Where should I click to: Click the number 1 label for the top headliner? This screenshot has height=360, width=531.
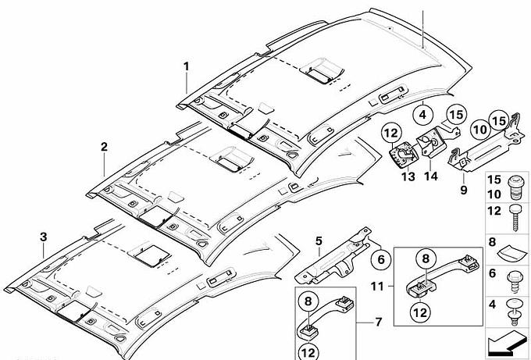pos(187,66)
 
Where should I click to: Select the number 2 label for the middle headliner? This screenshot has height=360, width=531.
pos(103,146)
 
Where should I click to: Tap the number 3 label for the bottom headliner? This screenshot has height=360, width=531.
pos(43,237)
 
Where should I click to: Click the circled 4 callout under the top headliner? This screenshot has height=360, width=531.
pos(422,115)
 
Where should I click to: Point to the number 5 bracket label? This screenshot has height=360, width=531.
pos(319,240)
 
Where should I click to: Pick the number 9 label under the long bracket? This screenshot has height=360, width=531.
pos(462,189)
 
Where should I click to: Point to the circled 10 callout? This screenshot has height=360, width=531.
pos(479,128)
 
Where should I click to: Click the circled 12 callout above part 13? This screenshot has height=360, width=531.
pos(390,134)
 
